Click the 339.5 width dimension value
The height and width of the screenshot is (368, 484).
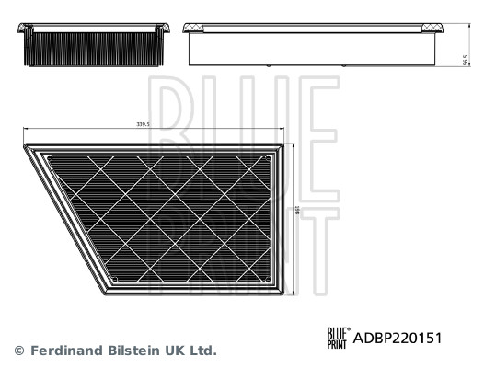click(144, 123)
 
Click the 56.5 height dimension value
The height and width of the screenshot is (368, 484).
click(466, 60)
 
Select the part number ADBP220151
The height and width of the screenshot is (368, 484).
click(398, 338)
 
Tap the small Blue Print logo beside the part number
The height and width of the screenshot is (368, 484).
click(338, 338)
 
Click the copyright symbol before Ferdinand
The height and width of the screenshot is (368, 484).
click(18, 351)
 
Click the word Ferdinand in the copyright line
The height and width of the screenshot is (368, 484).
click(65, 351)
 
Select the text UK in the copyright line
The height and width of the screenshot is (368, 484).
click(175, 351)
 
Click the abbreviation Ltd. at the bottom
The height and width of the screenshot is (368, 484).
click(202, 351)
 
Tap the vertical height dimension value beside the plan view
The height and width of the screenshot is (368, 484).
click(297, 213)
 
